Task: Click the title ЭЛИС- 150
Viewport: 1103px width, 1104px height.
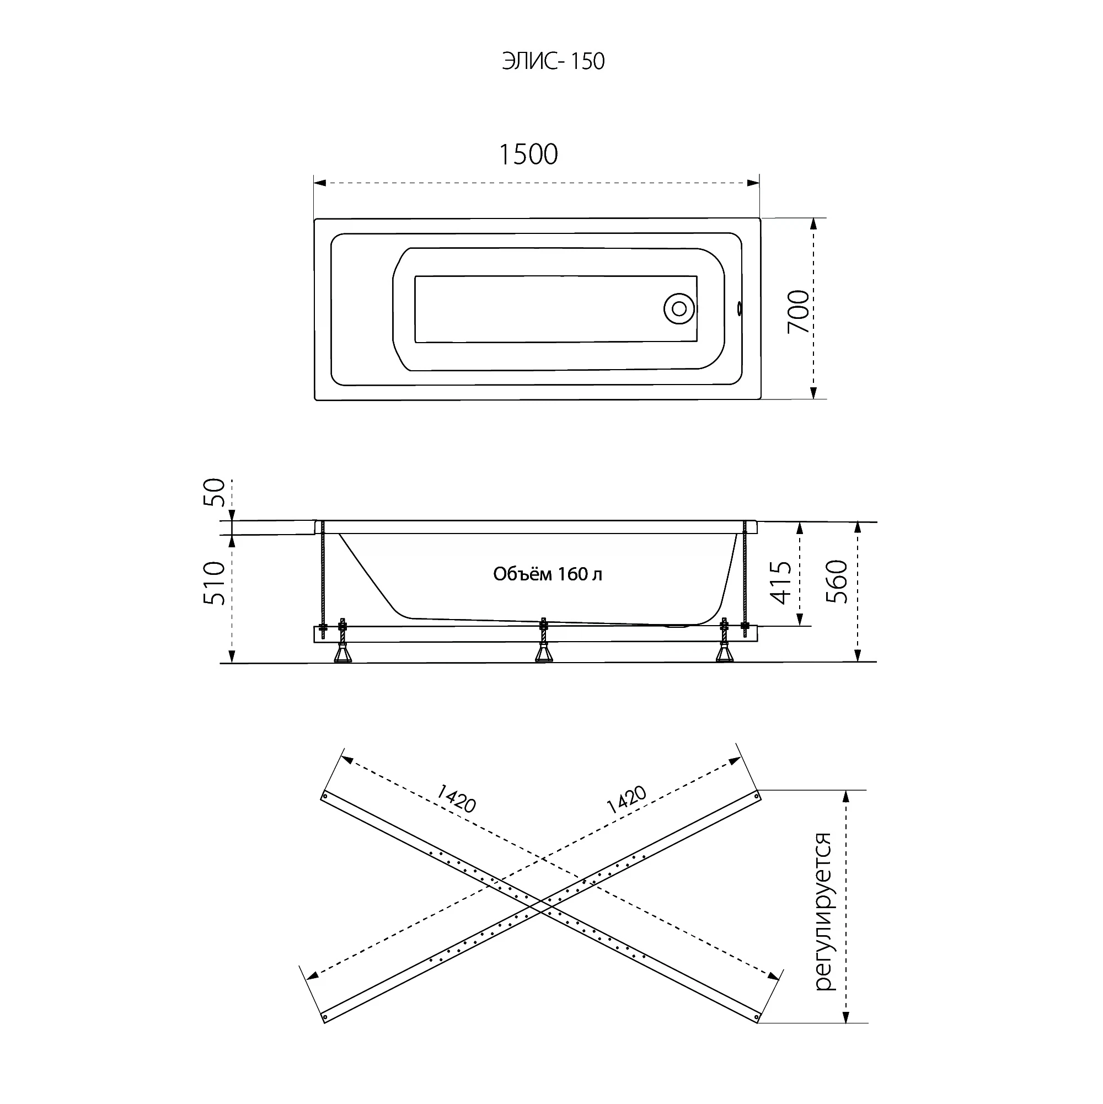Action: [553, 61]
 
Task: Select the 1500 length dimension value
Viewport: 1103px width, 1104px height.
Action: [528, 154]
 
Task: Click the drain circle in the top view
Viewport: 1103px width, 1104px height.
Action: [679, 309]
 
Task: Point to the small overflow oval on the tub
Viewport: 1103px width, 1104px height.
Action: [740, 308]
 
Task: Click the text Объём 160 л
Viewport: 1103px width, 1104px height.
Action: [548, 574]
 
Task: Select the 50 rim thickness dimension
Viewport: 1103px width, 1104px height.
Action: [215, 492]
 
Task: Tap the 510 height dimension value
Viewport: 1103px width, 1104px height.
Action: [215, 583]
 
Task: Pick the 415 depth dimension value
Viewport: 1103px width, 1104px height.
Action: [781, 582]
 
